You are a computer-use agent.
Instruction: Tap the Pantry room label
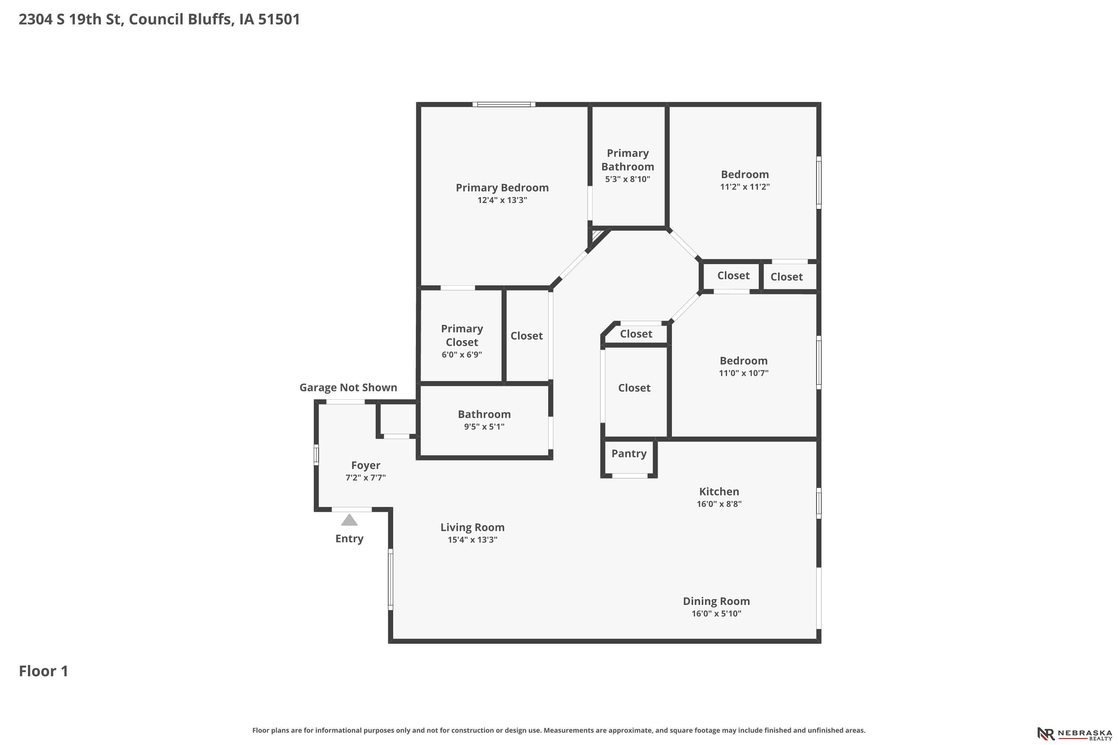629,453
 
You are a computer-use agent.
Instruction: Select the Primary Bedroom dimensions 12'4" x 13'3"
502,200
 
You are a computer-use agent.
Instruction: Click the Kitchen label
719,491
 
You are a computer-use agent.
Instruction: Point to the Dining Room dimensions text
716,614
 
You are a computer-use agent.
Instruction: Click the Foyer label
366,466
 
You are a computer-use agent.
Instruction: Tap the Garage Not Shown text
348,387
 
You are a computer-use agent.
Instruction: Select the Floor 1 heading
44,671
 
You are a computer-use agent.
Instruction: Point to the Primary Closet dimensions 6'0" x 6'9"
462,355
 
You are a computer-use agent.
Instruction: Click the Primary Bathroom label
628,160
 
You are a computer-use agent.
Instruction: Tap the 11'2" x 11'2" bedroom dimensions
745,187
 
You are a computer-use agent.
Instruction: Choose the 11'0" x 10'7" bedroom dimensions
743,373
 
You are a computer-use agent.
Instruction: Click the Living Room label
473,527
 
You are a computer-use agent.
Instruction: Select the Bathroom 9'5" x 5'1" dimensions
484,427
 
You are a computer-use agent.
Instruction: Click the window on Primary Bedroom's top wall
504,104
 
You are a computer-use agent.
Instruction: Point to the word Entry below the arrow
350,539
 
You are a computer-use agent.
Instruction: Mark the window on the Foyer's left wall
316,455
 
